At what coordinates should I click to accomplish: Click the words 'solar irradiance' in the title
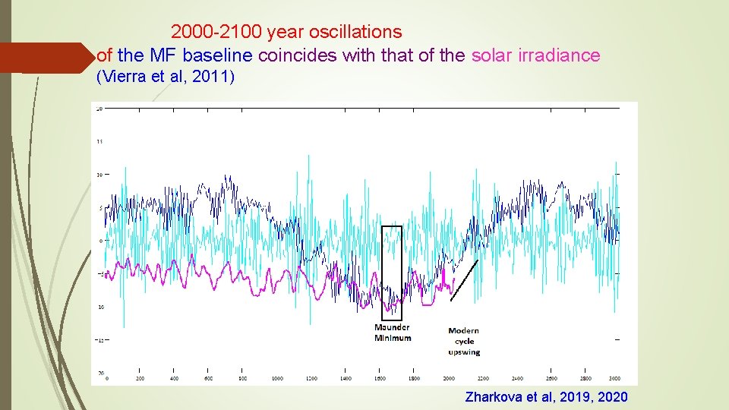535,55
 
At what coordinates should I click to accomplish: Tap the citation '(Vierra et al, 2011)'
166,77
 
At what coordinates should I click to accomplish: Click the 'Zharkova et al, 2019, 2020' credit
546,396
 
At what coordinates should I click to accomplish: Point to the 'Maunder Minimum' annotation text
393,333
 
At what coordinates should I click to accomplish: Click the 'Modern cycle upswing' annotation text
463,341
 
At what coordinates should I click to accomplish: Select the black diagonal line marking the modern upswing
464,280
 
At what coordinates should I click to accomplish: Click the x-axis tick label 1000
277,377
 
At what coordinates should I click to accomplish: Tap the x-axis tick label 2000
448,377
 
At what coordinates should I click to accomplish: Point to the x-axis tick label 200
140,377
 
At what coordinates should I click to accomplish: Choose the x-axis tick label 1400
346,377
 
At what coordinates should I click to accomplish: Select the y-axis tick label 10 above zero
99,175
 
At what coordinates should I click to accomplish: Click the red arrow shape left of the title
46,58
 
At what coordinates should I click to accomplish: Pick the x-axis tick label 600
208,377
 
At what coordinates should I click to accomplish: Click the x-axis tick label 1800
414,377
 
